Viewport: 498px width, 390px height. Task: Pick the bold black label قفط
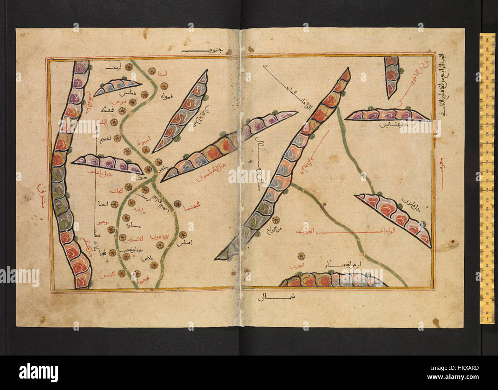(x=103, y=110)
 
